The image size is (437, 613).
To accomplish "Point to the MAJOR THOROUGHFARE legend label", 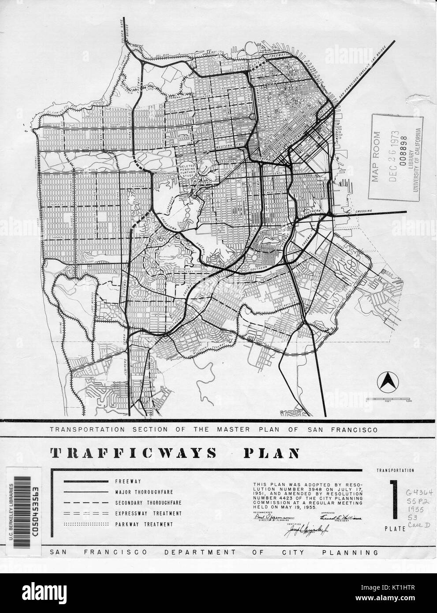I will click(x=138, y=492).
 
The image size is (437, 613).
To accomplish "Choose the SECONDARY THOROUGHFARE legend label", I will click(x=144, y=503).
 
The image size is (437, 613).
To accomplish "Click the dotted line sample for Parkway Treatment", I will click(x=86, y=524).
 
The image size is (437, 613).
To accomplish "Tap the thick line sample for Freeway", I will click(x=86, y=481).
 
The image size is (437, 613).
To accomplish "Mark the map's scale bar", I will click(x=388, y=398).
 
